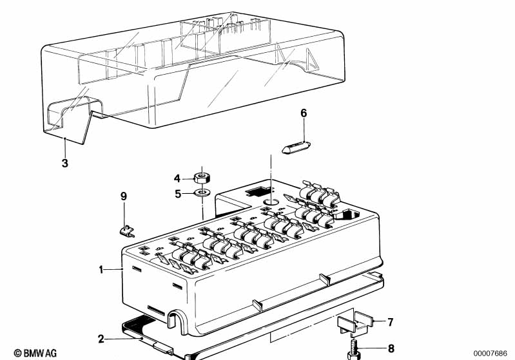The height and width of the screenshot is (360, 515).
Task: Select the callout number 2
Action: point(101,339)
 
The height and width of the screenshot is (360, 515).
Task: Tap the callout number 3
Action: point(64,163)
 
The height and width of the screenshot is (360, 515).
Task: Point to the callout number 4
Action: point(177,178)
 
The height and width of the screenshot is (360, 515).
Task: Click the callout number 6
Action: point(304,113)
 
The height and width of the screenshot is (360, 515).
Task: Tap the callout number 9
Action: point(124,195)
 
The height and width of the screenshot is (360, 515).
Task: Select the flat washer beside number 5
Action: point(203,191)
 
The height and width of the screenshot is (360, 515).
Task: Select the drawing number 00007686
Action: point(492,352)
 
